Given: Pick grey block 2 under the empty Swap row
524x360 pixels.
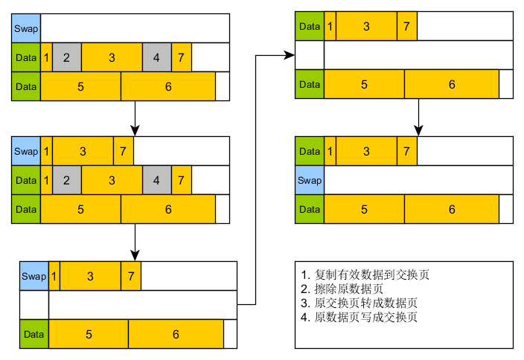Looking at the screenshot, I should pyautogui.click(x=66, y=57).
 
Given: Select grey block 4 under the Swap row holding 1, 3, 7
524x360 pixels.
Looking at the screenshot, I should pyautogui.click(x=156, y=180).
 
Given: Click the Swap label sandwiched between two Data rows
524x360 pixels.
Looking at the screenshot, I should pyautogui.click(x=310, y=180).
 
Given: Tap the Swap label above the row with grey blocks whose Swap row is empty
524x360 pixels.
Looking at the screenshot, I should pyautogui.click(x=25, y=28).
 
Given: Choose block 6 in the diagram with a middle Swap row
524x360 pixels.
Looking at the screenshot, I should pyautogui.click(x=452, y=209).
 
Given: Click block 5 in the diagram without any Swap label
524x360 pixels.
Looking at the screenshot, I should pyautogui.click(x=364, y=84).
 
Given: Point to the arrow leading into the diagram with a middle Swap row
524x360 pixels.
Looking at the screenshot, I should pyautogui.click(x=419, y=117).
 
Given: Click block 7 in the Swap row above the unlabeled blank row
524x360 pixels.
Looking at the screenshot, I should pyautogui.click(x=131, y=276).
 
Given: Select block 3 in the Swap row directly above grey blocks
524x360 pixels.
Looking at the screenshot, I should pyautogui.click(x=83, y=151).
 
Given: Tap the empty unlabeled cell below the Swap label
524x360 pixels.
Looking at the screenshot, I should pyautogui.click(x=34, y=305).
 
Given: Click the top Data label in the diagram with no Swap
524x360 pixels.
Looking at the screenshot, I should pyautogui.click(x=310, y=27).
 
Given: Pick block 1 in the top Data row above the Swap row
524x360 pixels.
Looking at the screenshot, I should pyautogui.click(x=330, y=151).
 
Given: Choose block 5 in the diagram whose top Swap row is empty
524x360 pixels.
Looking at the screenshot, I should pyautogui.click(x=80, y=86).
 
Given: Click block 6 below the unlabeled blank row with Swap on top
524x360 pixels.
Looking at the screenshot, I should pyautogui.click(x=176, y=334).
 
